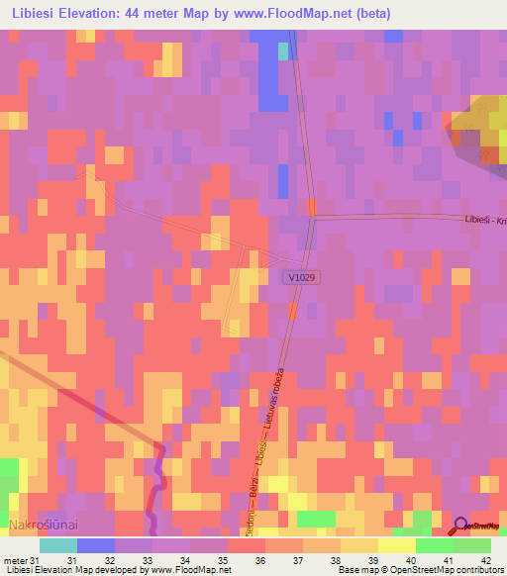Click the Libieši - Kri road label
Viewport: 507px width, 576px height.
point(484,221)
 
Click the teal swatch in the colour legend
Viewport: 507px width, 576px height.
point(58,545)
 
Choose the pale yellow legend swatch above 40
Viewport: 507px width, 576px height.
point(397,545)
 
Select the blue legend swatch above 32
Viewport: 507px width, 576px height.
point(96,545)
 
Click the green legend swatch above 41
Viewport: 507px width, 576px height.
point(435,545)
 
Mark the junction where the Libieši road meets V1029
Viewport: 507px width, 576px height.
point(312,217)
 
